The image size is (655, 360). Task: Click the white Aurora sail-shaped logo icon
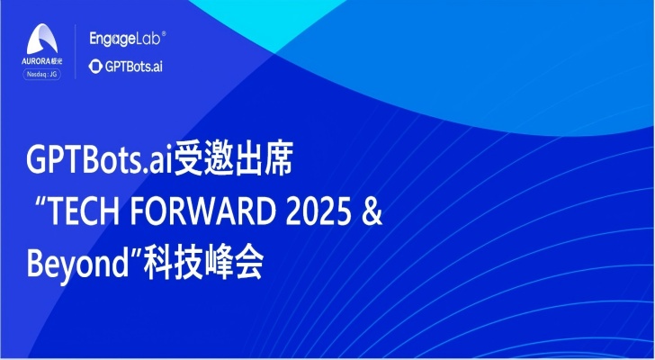[x=41, y=39]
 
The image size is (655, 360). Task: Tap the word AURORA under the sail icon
[x=36, y=61]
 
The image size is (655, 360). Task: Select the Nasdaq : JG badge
[x=41, y=75]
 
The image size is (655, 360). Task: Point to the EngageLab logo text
[x=124, y=39]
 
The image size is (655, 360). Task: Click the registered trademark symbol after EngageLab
[x=164, y=35]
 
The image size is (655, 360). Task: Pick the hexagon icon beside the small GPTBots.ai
[x=95, y=67]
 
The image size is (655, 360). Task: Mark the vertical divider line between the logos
[x=75, y=51]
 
